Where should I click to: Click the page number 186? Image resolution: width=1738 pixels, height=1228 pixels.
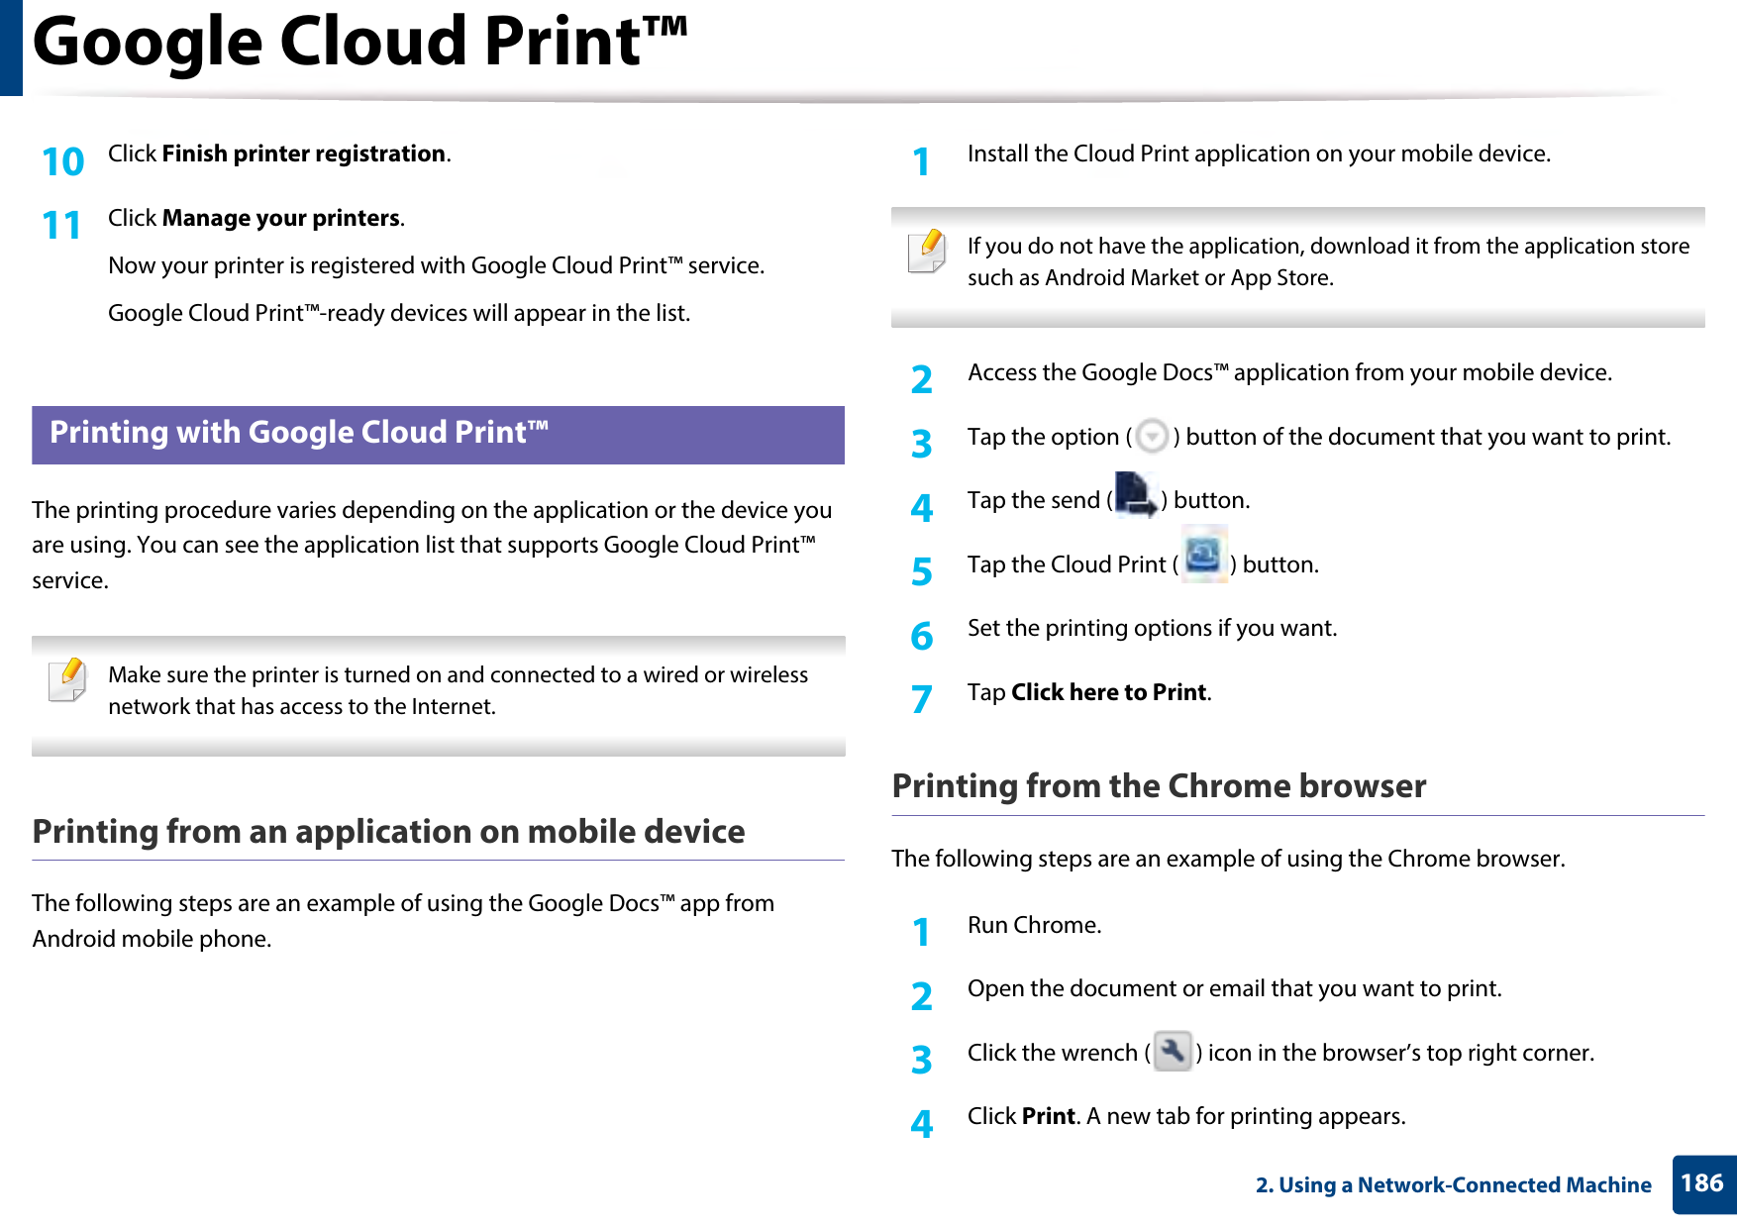point(1701,1183)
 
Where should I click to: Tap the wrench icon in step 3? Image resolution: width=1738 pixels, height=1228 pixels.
point(1173,1051)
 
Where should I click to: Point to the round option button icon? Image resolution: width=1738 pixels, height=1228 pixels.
point(1152,437)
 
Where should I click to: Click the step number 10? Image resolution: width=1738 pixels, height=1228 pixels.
point(63,161)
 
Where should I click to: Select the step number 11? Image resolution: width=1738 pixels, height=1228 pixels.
point(61,226)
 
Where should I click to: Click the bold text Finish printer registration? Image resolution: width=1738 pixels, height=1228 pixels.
point(303,153)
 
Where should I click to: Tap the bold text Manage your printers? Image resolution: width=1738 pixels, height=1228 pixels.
point(281,218)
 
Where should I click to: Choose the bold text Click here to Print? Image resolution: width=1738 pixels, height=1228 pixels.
point(1108,692)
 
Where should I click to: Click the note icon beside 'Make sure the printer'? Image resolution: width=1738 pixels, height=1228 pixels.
point(67,680)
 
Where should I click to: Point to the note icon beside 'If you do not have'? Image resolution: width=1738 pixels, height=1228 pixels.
point(927,252)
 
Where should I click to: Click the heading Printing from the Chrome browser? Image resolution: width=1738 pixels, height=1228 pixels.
point(1159,786)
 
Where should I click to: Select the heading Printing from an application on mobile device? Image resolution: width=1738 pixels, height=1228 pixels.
point(388,832)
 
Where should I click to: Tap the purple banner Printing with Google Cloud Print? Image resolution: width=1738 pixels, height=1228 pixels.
point(438,434)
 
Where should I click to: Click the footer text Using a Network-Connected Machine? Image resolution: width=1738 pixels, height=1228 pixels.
point(1453,1184)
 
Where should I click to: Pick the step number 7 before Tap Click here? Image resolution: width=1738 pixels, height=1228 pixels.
point(921,699)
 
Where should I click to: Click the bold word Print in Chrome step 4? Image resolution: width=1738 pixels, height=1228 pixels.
point(1048,1116)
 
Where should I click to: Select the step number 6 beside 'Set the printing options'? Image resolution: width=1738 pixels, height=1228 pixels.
point(921,636)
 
